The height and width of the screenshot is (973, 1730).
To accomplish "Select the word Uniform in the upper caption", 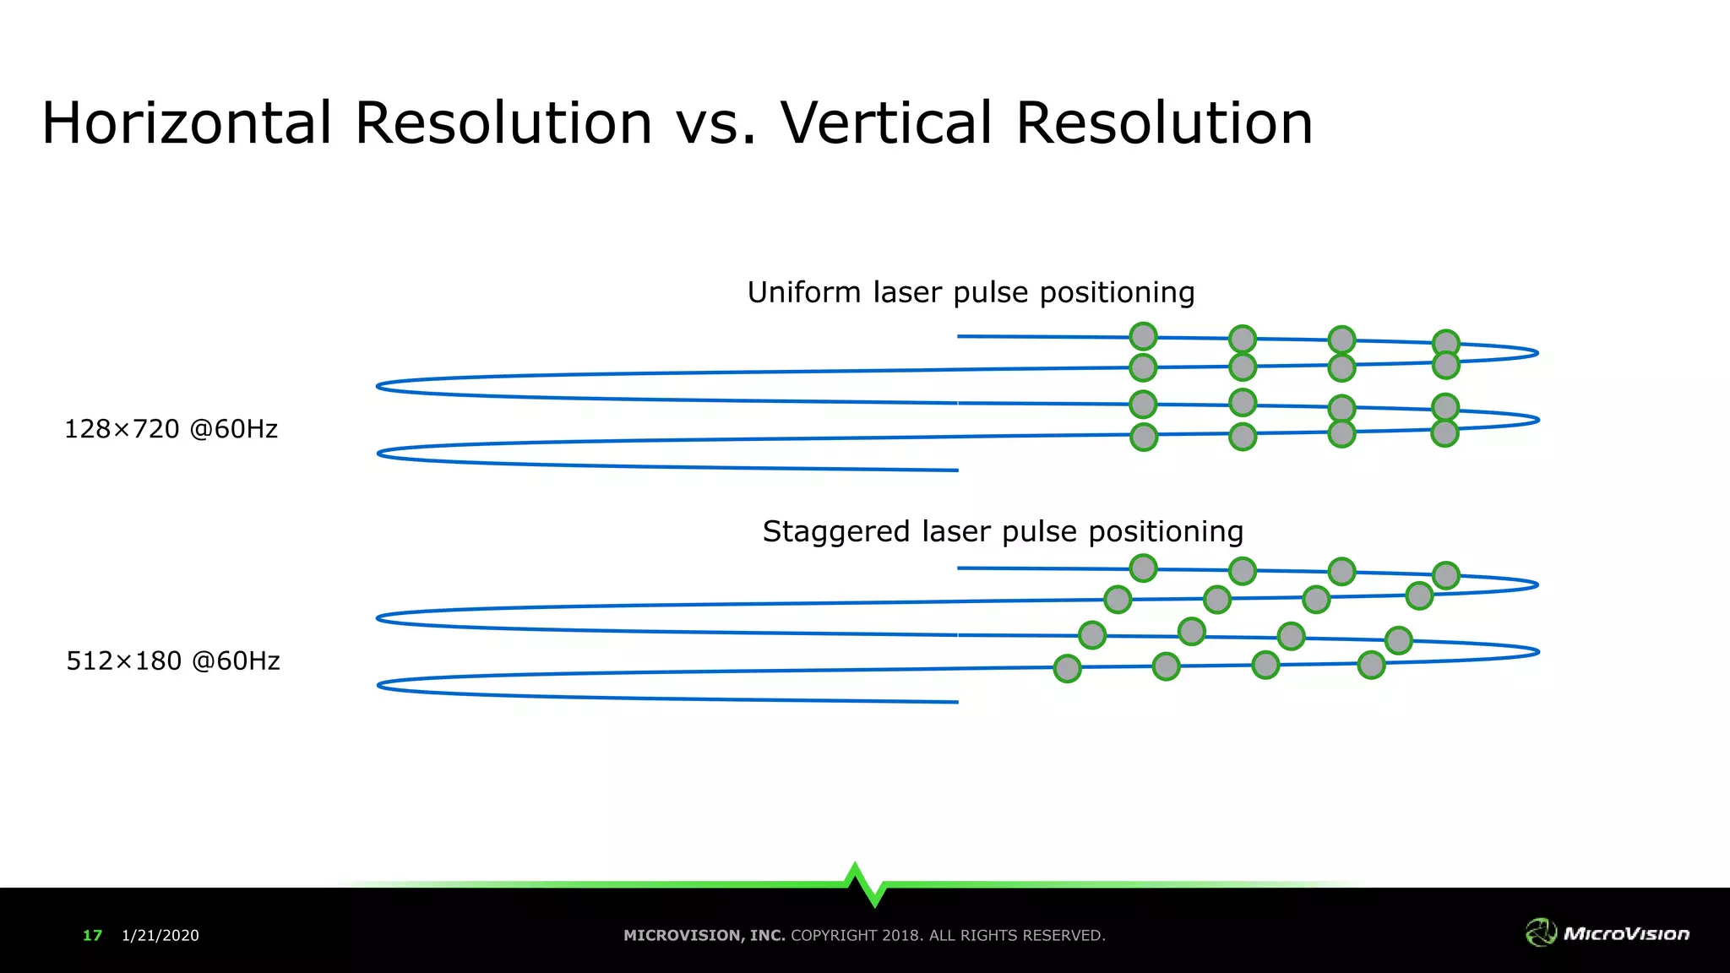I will [803, 292].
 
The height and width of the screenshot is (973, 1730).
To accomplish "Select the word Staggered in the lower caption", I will [835, 532].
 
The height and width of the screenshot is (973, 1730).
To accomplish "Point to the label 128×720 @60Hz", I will [171, 429].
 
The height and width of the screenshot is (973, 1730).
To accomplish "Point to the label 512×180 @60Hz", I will [173, 660].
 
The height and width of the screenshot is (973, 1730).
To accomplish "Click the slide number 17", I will [92, 935].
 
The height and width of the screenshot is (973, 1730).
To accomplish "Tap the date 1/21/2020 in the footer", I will [160, 935].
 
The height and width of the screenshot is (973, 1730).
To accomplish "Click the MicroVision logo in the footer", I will [1607, 932].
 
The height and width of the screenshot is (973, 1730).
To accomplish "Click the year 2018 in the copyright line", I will [902, 935].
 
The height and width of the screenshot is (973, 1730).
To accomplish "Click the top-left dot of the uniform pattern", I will [1143, 336].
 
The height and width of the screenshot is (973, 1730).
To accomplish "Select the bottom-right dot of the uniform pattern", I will [1444, 433].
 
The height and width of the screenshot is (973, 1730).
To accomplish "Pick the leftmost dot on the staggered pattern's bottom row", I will [1067, 668].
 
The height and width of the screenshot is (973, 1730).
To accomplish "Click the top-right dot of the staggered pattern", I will [1445, 575].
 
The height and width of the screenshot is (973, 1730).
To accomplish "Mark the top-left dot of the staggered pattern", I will [1143, 568].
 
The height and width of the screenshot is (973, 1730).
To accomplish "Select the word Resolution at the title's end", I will [1164, 123].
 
